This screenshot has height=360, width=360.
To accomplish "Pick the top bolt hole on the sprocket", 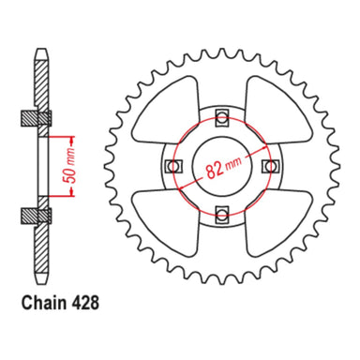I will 221,116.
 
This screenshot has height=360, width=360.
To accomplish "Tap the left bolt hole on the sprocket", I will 172,166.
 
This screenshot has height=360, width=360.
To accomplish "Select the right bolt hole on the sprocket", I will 271,166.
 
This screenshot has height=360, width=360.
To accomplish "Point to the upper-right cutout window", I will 274,107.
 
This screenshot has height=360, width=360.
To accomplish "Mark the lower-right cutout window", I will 274,223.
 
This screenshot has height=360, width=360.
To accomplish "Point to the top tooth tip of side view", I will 38,49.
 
